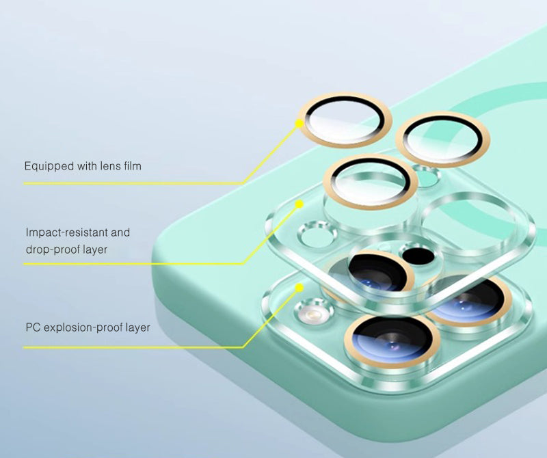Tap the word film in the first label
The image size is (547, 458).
click(133, 165)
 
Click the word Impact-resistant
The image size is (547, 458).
click(66, 232)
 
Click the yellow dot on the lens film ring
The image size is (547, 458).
click(299, 124)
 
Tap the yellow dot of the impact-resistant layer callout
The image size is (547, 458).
click(299, 204)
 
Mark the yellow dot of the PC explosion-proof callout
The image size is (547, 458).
click(299, 287)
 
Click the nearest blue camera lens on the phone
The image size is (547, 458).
click(390, 340)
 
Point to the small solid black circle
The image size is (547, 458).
click(418, 256)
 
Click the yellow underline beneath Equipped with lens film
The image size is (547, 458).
click(134, 183)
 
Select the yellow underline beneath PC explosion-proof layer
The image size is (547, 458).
click(134, 347)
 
